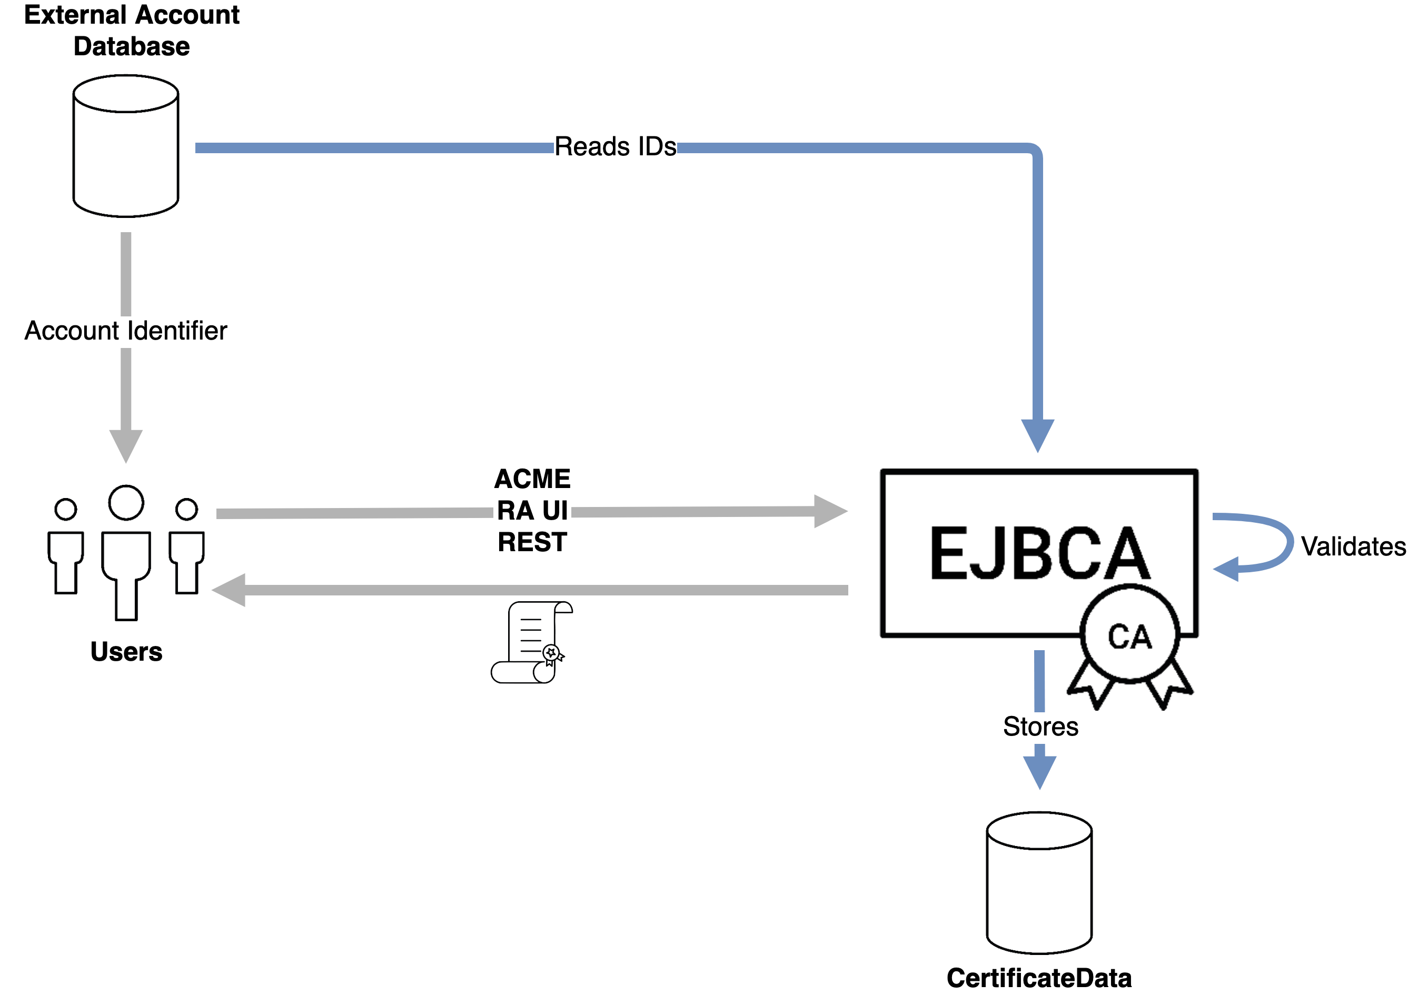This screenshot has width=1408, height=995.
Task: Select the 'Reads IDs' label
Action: coord(615,147)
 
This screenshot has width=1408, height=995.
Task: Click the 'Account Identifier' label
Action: coord(126,331)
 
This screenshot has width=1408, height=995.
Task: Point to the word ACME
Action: coord(532,479)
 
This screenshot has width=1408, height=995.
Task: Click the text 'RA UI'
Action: coord(532,511)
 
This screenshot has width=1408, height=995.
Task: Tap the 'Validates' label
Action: coord(1353,546)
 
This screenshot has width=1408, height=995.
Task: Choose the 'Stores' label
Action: coord(1040,727)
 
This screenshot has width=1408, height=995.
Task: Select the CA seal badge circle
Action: coord(1129,634)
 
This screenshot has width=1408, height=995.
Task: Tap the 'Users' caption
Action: coord(126,652)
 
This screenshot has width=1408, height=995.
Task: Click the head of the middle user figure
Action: coord(126,503)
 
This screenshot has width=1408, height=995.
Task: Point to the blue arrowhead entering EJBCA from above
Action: coord(1038,434)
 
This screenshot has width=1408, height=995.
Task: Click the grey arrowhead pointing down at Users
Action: coord(126,444)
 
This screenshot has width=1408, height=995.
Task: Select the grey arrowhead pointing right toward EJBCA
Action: coord(829,511)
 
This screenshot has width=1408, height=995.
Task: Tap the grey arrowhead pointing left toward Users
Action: coord(230,590)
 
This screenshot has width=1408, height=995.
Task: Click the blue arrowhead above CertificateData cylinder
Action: coord(1040,771)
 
